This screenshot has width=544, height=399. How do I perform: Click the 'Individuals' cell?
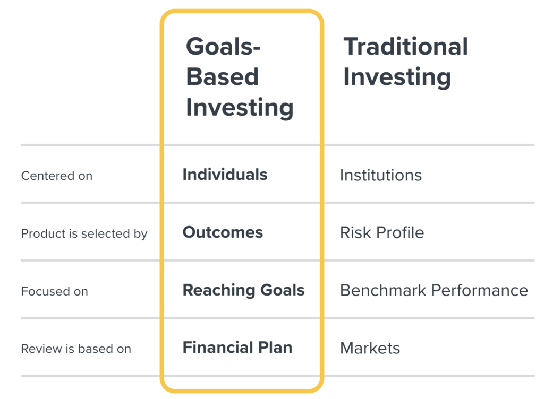[x=225, y=174]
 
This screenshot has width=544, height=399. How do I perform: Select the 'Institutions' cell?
[x=381, y=175]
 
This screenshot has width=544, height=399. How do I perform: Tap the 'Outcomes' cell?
[x=223, y=232]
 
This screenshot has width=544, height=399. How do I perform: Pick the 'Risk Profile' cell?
[x=382, y=232]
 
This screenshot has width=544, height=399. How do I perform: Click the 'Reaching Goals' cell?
[x=243, y=290]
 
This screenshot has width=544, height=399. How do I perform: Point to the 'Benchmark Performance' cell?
[x=434, y=290]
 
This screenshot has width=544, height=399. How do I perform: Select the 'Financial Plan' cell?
[x=237, y=348]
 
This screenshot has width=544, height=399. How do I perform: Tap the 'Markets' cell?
[x=370, y=348]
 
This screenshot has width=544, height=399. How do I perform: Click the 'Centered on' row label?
[x=57, y=176]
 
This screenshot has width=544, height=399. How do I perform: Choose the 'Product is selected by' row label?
[x=84, y=234]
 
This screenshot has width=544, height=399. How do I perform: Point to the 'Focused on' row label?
[x=55, y=291]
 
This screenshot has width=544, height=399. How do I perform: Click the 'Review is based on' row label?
[x=76, y=349]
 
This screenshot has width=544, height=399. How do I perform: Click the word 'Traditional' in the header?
[x=406, y=46]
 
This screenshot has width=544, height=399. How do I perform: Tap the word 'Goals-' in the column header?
[x=223, y=46]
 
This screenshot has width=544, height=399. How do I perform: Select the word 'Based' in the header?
[x=223, y=76]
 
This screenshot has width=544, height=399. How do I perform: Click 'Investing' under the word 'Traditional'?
[x=397, y=78]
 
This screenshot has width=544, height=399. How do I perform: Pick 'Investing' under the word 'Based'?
[x=240, y=108]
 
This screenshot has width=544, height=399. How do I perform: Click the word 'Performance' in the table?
[x=480, y=290]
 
